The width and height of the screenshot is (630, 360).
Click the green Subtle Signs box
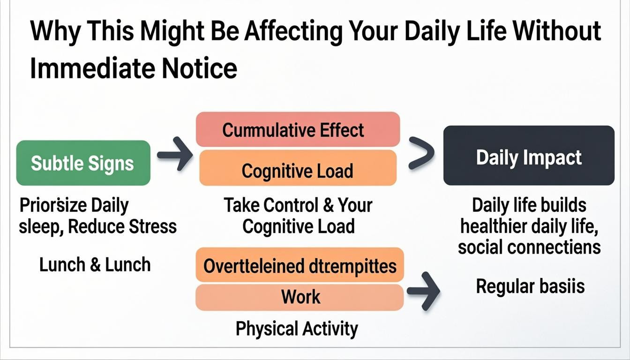[83, 163]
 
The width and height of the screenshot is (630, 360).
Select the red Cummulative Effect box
[297, 129]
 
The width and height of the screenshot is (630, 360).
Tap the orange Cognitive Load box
[297, 171]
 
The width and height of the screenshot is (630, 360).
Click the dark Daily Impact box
[528, 157]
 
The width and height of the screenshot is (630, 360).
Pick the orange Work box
[300, 297]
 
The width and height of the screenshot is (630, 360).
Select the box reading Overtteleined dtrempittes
[300, 266]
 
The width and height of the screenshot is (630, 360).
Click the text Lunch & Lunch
[95, 265]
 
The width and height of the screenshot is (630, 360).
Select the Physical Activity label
[296, 329]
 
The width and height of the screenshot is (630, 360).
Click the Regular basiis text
[530, 285]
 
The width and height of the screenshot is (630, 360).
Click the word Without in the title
[557, 31]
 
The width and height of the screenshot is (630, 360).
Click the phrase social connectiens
[529, 247]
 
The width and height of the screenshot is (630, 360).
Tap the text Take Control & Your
[298, 205]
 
